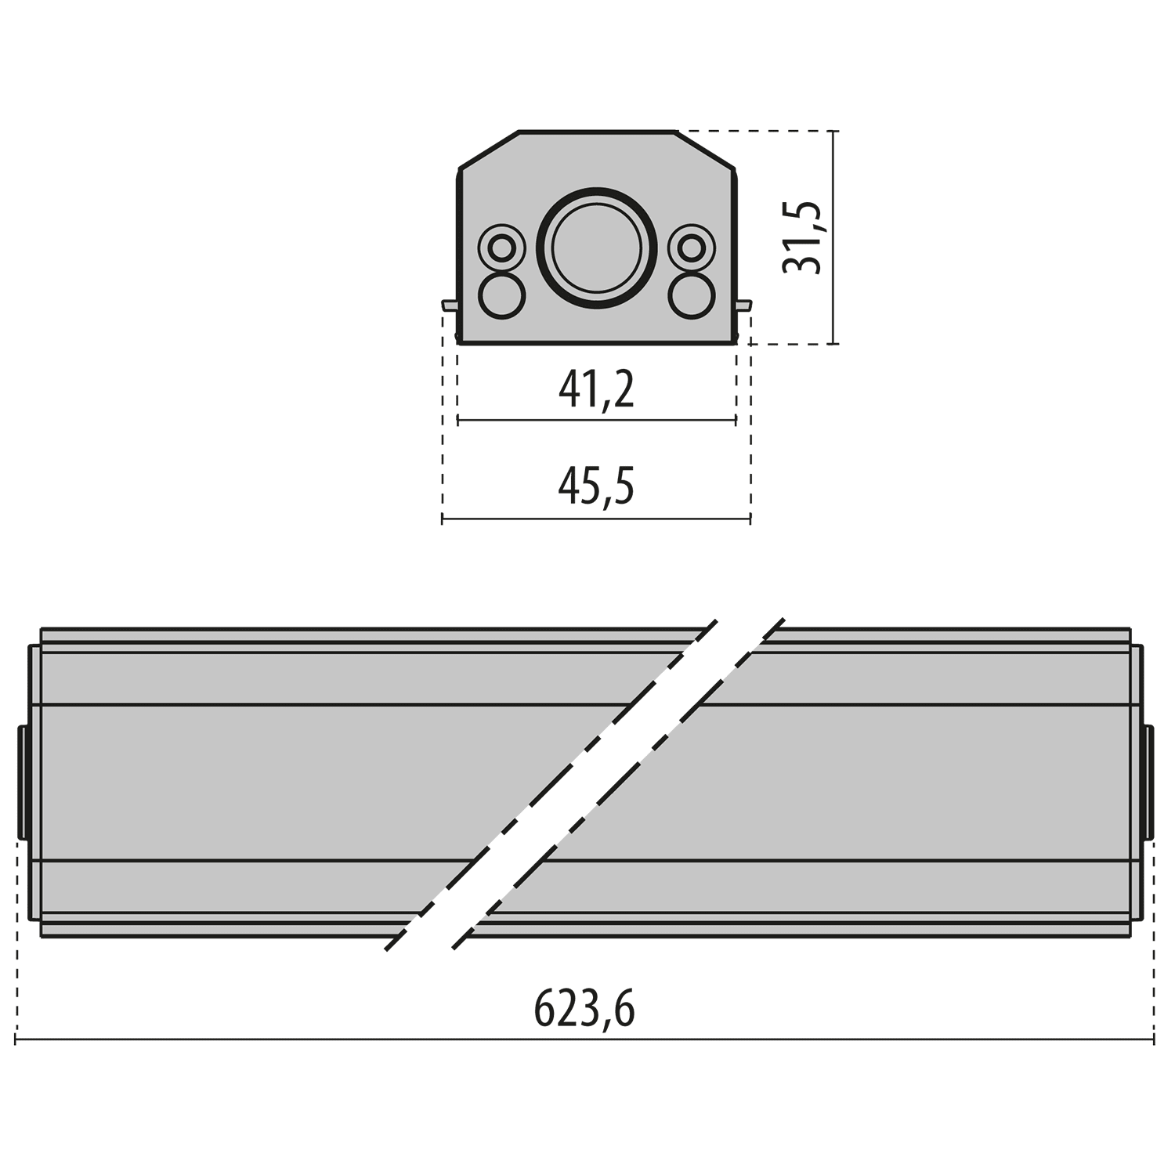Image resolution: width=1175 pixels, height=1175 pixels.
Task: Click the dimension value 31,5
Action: pos(803,237)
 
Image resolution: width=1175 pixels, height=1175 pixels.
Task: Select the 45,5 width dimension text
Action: pos(596,486)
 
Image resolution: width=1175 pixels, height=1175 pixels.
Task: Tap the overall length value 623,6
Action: pos(584,1008)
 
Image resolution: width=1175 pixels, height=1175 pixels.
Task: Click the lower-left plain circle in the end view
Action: pos(501,295)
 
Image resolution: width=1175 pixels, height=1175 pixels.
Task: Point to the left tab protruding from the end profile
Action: pos(450,305)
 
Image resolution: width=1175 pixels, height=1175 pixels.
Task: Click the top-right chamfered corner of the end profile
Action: pos(705,149)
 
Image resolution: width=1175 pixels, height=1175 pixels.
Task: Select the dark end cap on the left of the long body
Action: pos(23,782)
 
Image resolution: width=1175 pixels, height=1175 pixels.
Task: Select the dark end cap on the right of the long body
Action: pos(1149,782)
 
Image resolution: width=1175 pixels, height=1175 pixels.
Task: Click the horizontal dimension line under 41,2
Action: pos(596,421)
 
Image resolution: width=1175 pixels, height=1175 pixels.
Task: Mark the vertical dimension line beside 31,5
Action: pos(834,237)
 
